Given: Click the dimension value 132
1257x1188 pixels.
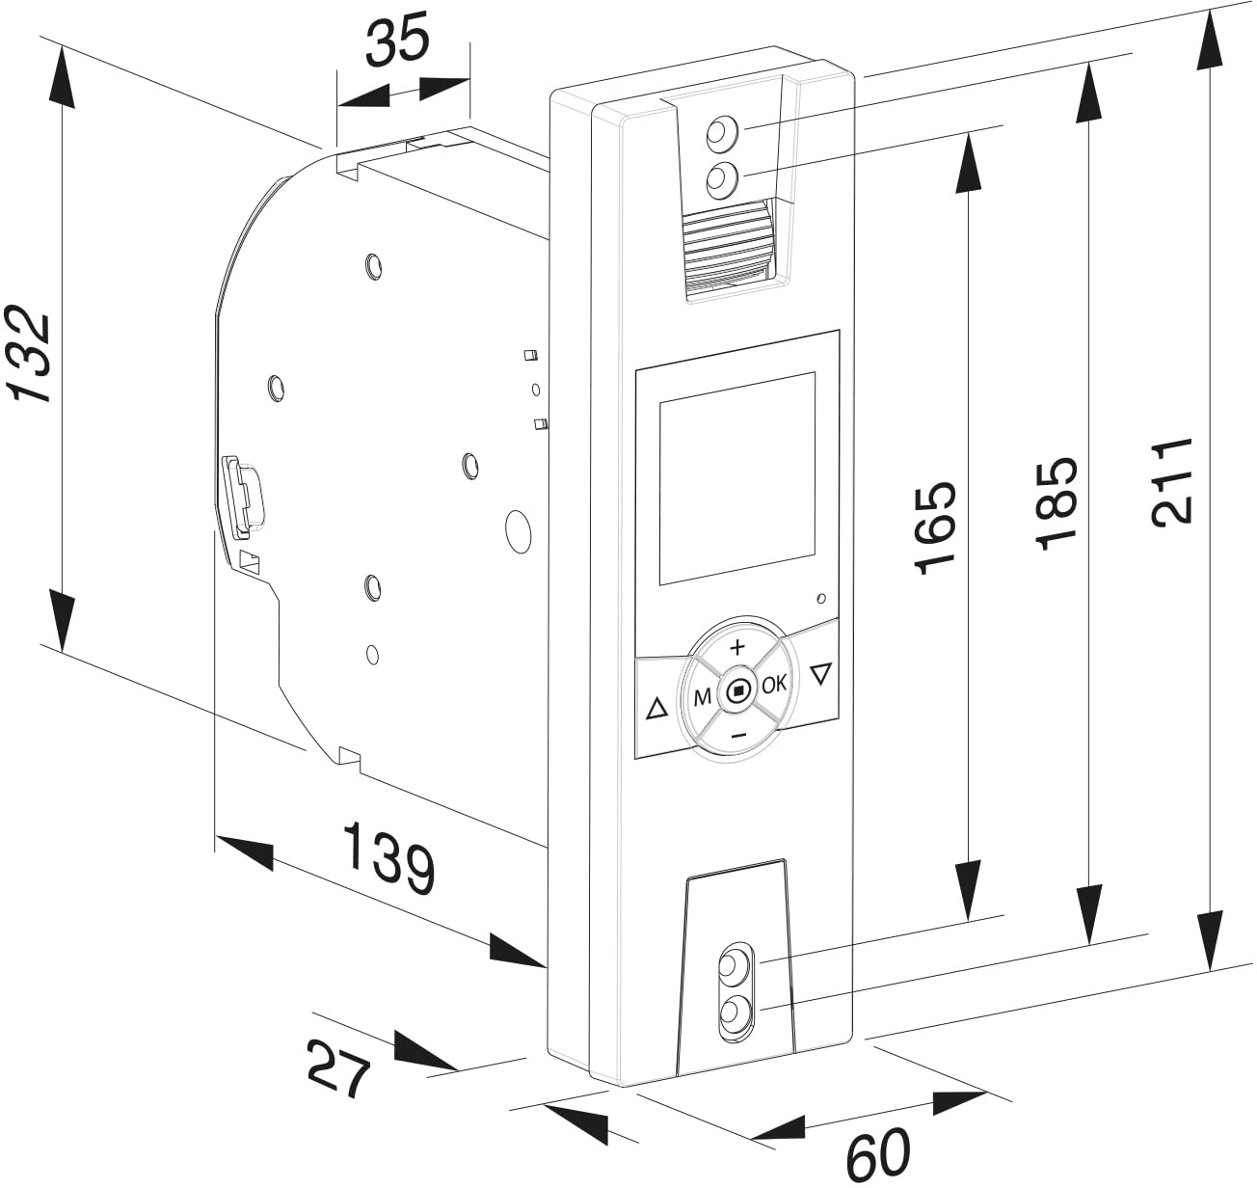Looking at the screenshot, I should point(29,355).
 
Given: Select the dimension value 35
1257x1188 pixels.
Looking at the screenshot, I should point(397,43).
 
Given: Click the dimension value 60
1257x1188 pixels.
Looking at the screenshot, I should point(877,1152).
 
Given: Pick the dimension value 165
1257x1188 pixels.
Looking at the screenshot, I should point(935,527).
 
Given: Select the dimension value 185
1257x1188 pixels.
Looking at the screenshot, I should point(1056,502).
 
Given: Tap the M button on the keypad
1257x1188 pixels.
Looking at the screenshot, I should point(703,697).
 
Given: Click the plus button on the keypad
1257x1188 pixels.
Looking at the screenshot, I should point(737,645).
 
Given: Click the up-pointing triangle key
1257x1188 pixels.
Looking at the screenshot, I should point(656,711).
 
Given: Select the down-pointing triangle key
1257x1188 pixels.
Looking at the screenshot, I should point(820,673).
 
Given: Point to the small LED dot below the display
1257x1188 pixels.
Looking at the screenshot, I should point(820,599).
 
